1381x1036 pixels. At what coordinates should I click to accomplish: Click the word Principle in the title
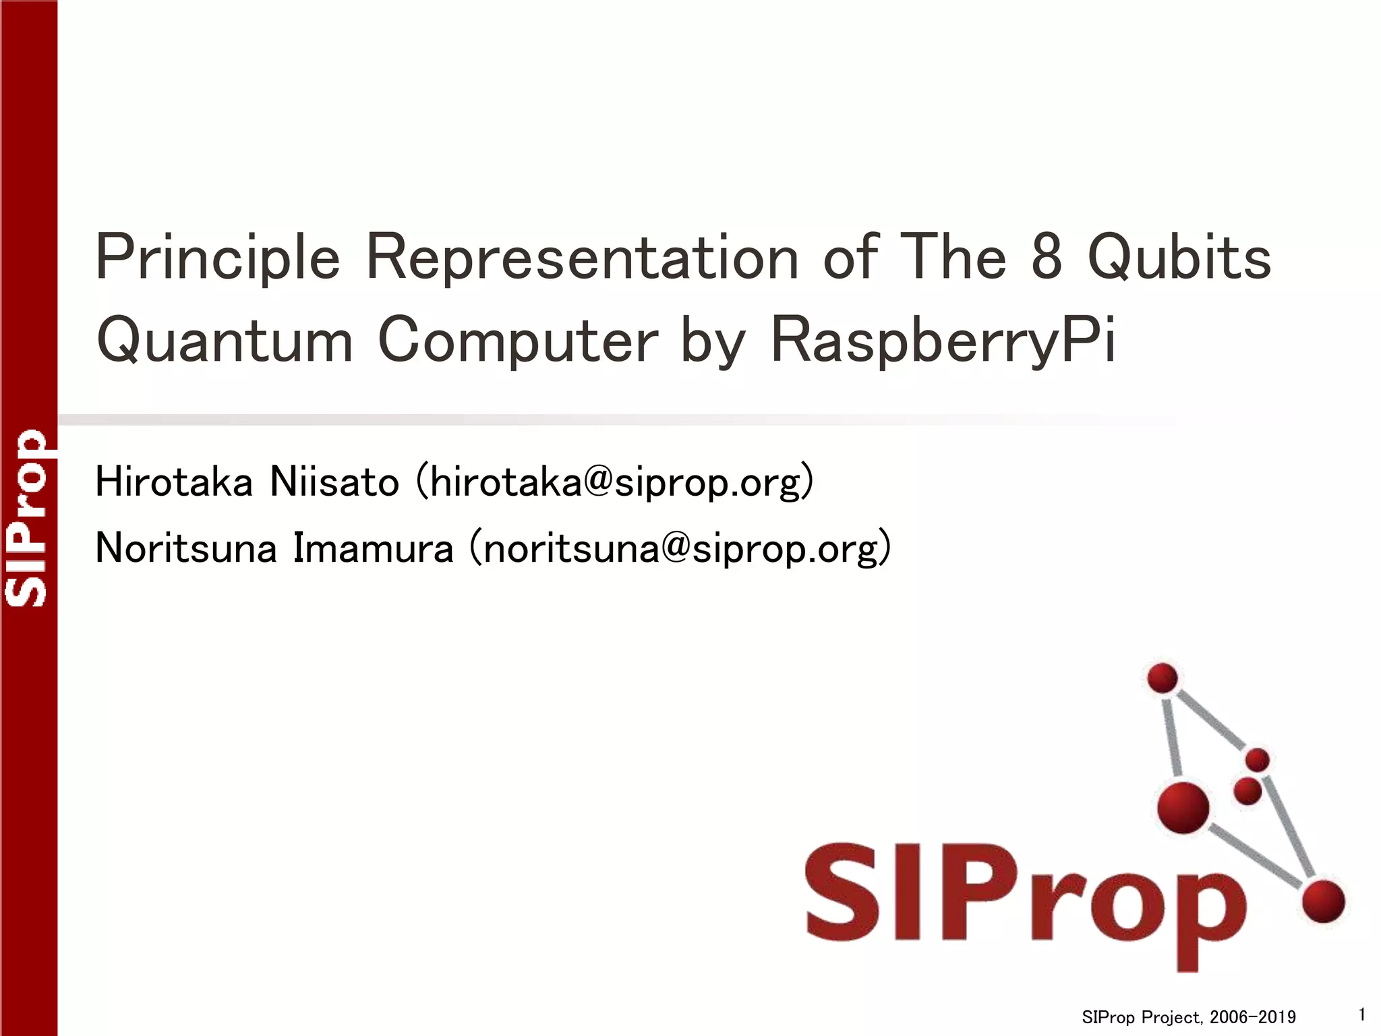coord(218,258)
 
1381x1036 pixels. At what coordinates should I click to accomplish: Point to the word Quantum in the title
coord(225,341)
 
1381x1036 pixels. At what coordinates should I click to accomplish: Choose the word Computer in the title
coord(518,341)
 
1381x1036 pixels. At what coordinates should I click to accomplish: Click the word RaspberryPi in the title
coord(943,341)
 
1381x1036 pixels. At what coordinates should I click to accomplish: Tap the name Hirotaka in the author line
coord(174,482)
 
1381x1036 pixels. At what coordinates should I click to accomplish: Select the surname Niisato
coord(334,482)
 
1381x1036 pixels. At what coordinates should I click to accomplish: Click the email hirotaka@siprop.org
coord(615,483)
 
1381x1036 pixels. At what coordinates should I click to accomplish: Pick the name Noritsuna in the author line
coord(186,548)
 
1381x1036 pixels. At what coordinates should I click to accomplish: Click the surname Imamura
coord(373,548)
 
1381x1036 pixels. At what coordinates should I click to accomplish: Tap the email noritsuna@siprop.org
coord(680,548)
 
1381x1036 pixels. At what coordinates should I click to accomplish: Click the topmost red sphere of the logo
coord(1163,678)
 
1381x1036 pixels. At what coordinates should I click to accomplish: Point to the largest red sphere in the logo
coord(1183,807)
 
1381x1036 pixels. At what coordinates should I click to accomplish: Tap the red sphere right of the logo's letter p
coord(1324,901)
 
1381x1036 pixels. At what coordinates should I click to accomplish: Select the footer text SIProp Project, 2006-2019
coord(1189,1017)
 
